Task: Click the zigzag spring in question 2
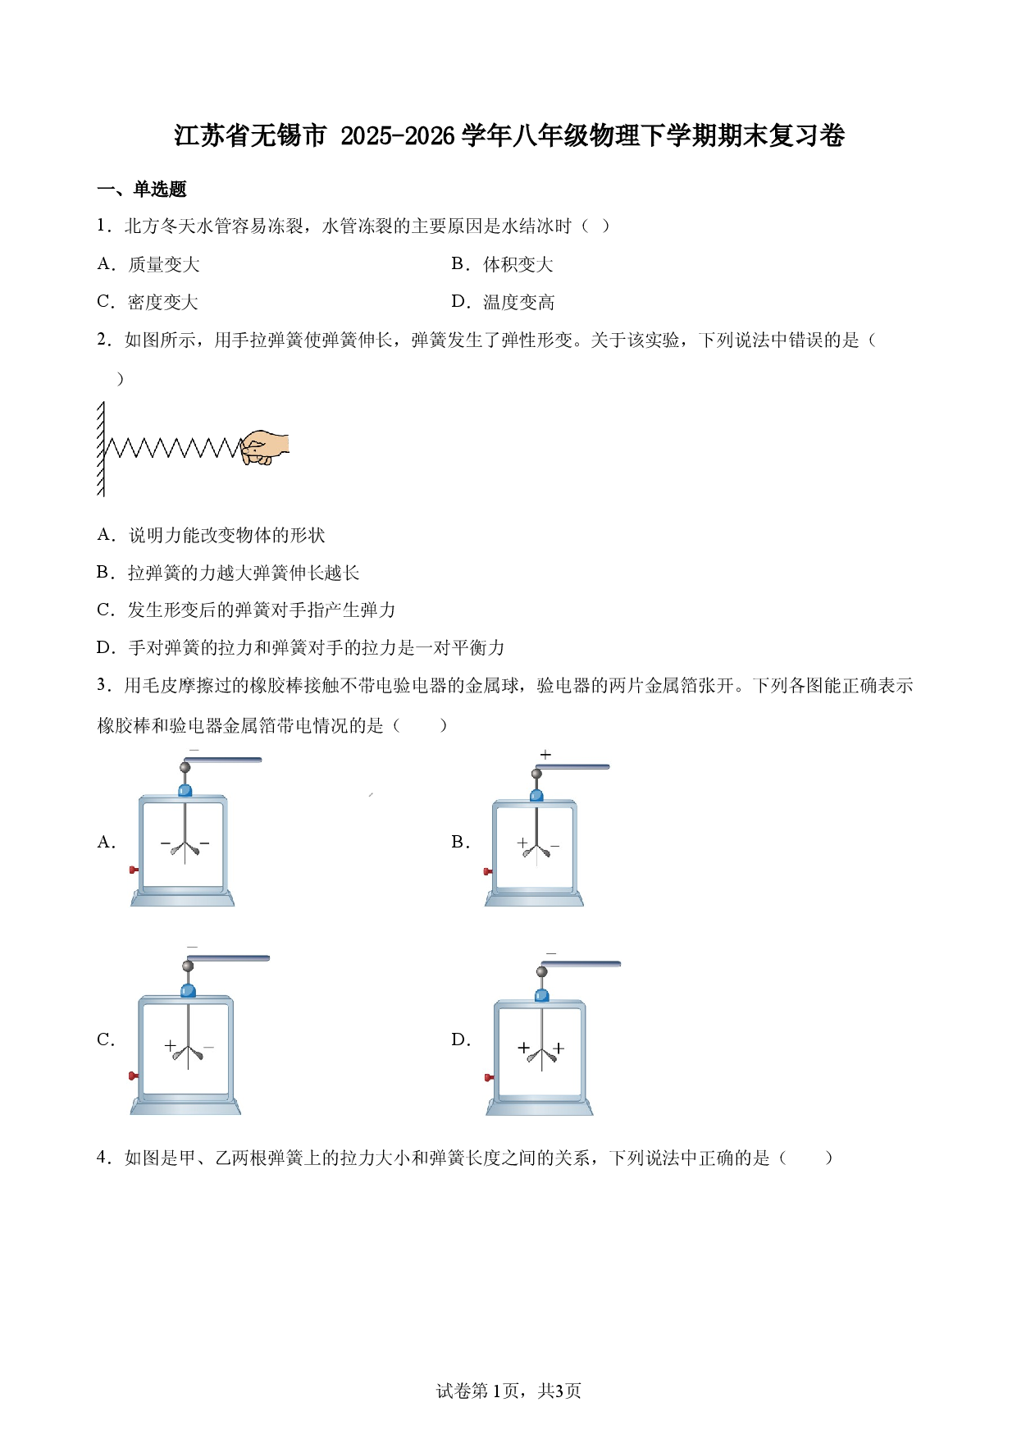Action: [x=172, y=448]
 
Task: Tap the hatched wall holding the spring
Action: [x=101, y=448]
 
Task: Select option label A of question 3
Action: [x=106, y=842]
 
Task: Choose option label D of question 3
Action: [x=460, y=1039]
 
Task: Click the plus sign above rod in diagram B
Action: [x=545, y=754]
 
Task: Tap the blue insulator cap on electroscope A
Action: [x=185, y=790]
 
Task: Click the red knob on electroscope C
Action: [x=133, y=1076]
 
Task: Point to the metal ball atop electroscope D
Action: [x=541, y=971]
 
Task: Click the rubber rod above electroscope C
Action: [x=229, y=958]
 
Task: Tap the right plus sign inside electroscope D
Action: [x=559, y=1048]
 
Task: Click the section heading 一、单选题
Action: [x=142, y=190]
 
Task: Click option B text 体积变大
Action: [x=518, y=264]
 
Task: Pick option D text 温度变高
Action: [x=518, y=302]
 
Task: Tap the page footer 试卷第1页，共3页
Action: [x=508, y=1391]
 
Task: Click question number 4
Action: [x=104, y=1158]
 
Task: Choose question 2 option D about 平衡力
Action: [x=300, y=647]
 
